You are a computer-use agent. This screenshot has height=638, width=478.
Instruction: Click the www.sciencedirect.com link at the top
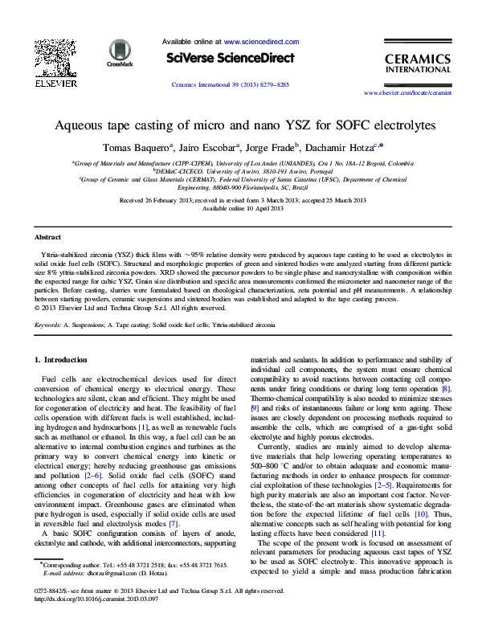(261, 41)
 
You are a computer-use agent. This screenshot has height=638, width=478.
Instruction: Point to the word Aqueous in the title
(78, 125)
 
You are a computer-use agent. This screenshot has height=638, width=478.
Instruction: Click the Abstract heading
(47, 238)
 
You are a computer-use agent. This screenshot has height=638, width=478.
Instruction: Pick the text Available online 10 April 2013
(239, 207)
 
